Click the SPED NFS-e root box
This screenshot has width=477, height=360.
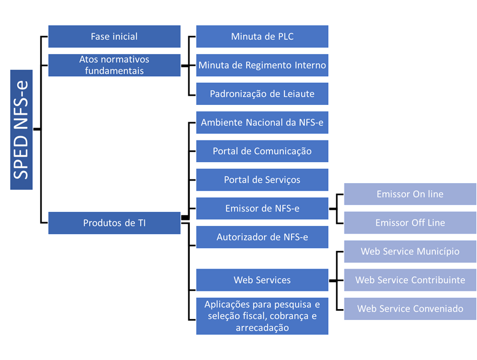(x=21, y=130)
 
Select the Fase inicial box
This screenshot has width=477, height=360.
(x=114, y=37)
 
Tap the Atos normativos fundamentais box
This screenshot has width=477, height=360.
(x=114, y=65)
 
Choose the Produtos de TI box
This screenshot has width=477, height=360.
(x=114, y=223)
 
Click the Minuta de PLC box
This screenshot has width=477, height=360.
(x=262, y=37)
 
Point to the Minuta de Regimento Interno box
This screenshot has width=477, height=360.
(x=262, y=65)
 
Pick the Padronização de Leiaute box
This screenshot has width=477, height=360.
(x=262, y=94)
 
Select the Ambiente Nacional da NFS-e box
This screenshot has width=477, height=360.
(x=262, y=123)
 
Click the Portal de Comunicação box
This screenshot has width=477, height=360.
(x=262, y=151)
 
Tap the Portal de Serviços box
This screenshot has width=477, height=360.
(x=262, y=180)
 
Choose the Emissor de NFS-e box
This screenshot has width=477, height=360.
(x=262, y=209)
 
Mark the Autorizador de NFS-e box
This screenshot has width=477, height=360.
(x=262, y=237)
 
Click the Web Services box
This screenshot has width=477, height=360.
(x=262, y=280)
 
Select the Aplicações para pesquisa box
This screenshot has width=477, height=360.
(x=262, y=316)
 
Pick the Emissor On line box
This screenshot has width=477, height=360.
(x=410, y=194)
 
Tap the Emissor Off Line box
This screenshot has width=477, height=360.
(x=410, y=223)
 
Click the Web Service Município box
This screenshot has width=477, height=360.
(x=410, y=251)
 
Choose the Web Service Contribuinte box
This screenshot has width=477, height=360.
(x=410, y=280)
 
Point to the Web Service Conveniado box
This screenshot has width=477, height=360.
(x=410, y=309)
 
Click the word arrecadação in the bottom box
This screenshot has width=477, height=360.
(x=262, y=328)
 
